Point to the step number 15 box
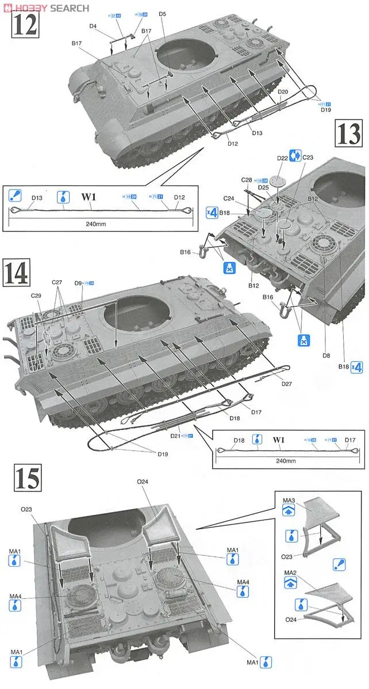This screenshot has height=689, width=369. [26, 479]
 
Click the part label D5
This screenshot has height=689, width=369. [163, 13]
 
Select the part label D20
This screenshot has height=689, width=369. [282, 92]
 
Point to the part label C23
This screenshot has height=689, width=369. [308, 157]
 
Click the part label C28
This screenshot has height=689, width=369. [247, 180]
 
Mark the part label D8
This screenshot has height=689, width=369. [326, 356]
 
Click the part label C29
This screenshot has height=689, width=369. [36, 296]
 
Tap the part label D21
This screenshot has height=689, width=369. [176, 436]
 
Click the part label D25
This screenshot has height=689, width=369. [264, 188]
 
